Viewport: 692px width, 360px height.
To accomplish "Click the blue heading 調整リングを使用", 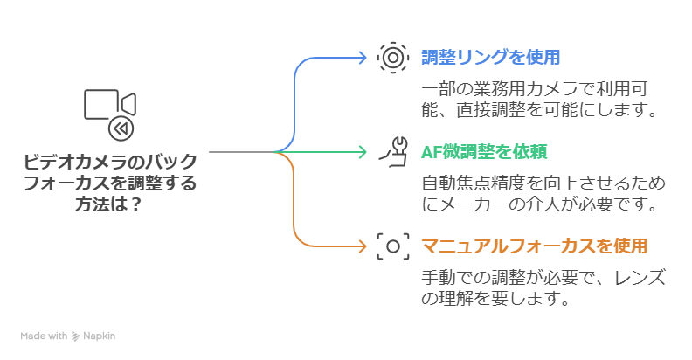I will point(490,58).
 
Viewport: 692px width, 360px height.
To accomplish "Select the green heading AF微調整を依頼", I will point(484,151).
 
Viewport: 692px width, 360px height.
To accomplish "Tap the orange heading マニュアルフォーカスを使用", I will point(534,246).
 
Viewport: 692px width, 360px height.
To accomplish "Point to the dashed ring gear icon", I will point(392,58).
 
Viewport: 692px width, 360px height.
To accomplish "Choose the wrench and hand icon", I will point(392,151).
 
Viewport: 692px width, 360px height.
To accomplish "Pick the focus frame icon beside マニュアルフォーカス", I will point(392,246).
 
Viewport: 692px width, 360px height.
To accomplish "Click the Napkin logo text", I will point(100,336).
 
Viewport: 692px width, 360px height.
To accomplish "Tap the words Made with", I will point(44,336).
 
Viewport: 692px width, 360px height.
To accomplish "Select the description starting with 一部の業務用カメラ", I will point(538,100).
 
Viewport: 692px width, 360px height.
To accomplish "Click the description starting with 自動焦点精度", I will point(543,194).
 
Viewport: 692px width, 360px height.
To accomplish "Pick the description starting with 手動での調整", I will point(543,288).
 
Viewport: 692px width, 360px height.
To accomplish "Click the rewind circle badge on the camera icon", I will point(121,129).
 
